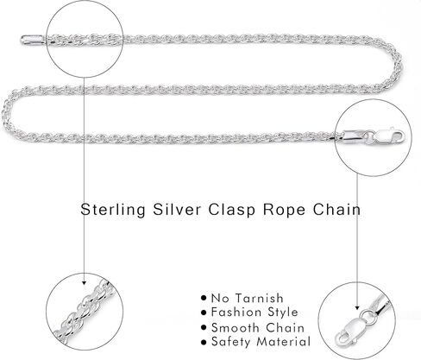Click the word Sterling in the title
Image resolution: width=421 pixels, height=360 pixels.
[x=113, y=210]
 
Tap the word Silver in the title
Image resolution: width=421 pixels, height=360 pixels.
[x=177, y=209]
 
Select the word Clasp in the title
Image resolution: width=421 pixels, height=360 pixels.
[x=231, y=210]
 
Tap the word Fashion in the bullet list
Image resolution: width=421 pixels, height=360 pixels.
[x=236, y=312]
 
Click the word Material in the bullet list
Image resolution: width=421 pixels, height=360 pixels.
[x=284, y=342]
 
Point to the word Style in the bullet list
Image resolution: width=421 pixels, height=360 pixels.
[x=283, y=313]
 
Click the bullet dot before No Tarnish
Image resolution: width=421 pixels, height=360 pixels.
[x=204, y=298]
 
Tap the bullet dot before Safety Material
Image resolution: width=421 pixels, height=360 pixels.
[x=204, y=342]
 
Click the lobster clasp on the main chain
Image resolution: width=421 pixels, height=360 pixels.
[x=390, y=136]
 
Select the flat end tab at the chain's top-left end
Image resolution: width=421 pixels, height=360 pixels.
[x=32, y=40]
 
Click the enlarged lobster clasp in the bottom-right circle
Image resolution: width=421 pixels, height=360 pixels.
[x=352, y=330]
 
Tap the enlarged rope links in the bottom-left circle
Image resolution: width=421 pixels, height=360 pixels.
[x=85, y=312]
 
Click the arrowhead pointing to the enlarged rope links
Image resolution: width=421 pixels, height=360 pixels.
[x=84, y=282]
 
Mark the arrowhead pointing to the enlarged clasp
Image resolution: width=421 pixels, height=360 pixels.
[x=357, y=307]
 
